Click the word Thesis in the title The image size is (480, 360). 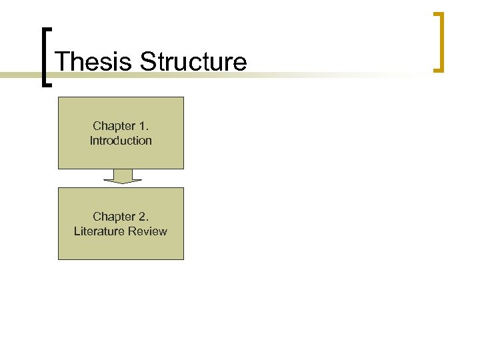point(94,62)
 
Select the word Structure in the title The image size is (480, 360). point(193,62)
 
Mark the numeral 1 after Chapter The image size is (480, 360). point(143,126)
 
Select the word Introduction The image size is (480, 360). point(121,141)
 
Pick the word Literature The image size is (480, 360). point(99,231)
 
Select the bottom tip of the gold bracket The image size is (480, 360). point(438,69)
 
